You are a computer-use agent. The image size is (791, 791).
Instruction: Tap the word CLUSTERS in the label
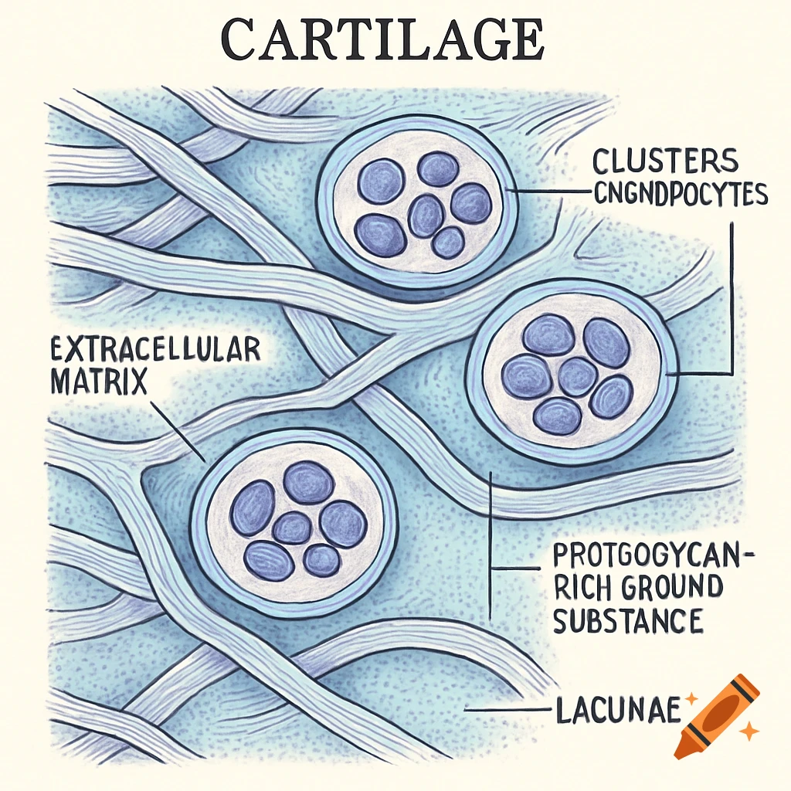[x=666, y=161]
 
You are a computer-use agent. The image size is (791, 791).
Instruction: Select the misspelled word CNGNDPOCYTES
[x=680, y=194]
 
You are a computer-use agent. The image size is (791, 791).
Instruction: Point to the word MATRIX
[x=98, y=381]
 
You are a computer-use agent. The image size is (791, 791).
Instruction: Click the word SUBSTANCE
[x=628, y=620]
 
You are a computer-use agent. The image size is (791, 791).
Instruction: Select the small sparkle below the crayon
[x=748, y=730]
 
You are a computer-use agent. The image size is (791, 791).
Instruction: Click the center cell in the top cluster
[x=426, y=215]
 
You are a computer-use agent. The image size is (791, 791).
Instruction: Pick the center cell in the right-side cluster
[x=577, y=377]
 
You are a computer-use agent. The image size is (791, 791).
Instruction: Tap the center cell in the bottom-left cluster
[x=292, y=528]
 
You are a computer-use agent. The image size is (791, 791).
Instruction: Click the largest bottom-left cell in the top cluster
[x=380, y=235]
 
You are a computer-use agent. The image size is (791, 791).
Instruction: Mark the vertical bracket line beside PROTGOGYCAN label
[x=491, y=541]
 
